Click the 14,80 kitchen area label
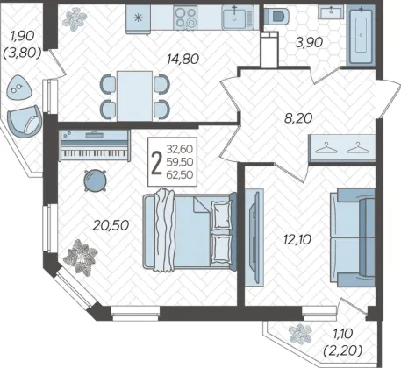(183, 60)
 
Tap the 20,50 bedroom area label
(111, 225)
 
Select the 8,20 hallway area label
(298, 118)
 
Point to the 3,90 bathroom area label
(309, 43)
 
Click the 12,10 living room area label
(297, 240)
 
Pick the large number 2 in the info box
(157, 164)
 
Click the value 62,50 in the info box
(180, 174)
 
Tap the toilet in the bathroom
(276, 15)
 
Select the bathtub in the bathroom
(362, 36)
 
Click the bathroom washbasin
(331, 12)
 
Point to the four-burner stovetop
(185, 18)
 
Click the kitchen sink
(237, 18)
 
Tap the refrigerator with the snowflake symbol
(139, 19)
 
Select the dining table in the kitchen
(134, 96)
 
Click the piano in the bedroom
(95, 145)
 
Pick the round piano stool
(95, 180)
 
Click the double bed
(190, 231)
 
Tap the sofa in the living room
(353, 237)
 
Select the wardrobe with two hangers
(342, 148)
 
